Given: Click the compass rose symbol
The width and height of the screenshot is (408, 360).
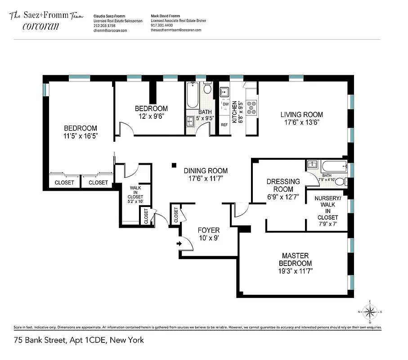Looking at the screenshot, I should pyautogui.click(x=370, y=311).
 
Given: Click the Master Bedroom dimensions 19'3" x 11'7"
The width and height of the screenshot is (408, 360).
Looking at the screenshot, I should pyautogui.click(x=296, y=271).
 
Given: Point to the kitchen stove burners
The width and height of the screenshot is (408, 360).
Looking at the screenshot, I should pyautogui.click(x=251, y=107).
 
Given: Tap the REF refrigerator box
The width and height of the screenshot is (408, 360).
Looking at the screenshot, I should pyautogui.click(x=224, y=125).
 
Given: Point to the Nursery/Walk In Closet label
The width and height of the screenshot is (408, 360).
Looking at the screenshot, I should pyautogui.click(x=327, y=208).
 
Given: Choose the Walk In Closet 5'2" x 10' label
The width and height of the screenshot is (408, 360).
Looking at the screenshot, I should pyautogui.click(x=136, y=197).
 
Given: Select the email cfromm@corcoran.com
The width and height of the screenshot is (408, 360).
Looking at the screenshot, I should pyautogui.click(x=110, y=31).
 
